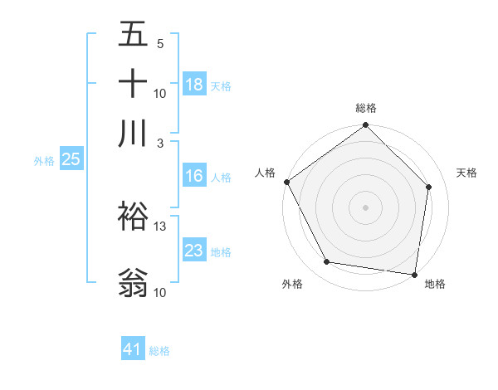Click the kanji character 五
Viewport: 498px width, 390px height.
134,35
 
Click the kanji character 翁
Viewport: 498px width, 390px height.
134,282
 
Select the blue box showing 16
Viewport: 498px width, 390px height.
194,177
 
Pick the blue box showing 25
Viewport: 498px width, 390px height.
71,160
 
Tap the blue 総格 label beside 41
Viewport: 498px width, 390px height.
159,351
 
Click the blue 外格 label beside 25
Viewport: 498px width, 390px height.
43,161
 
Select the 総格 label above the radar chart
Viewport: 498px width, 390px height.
366,108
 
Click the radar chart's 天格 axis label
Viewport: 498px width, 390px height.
467,173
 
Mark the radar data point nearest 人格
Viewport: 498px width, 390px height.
286,182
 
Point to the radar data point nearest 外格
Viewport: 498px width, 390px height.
327,262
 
